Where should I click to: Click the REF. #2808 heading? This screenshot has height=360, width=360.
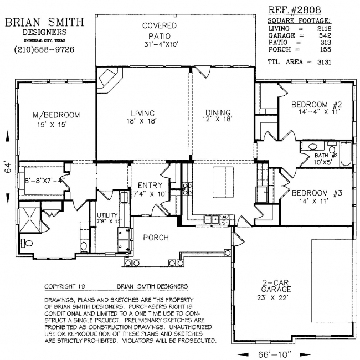295,10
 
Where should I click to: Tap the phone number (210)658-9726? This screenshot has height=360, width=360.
44,49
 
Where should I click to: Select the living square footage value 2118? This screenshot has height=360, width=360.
325,28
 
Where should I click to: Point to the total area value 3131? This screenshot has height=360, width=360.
324,62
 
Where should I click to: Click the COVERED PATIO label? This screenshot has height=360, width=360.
160,31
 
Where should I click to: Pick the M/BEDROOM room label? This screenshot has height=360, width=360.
56,115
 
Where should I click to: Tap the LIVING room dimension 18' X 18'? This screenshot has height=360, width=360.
142,121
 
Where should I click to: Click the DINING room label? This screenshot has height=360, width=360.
218,112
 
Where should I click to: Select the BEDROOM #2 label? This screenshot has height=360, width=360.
317,105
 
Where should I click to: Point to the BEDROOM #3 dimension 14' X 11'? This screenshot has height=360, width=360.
313,202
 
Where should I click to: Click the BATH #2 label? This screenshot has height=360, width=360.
326,156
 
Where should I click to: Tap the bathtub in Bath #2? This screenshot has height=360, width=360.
346,154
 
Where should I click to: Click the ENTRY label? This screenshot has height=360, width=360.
150,186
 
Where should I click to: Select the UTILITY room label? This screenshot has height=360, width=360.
107,215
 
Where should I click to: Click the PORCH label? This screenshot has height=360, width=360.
156,238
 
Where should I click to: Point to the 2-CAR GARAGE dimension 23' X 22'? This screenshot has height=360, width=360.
272,298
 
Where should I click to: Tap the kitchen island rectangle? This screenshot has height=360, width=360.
223,182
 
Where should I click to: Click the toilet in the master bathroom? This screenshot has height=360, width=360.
27,243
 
